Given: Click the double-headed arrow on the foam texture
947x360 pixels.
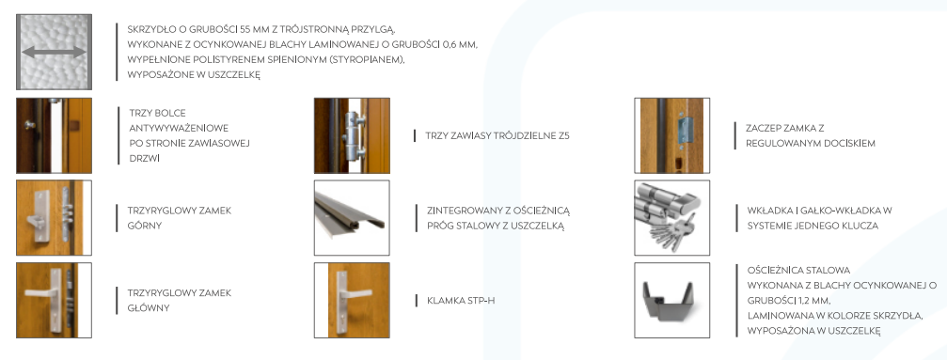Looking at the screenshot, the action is (54, 53).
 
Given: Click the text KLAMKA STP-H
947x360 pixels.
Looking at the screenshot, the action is (461, 300).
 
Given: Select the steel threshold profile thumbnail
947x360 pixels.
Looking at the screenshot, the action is (352, 217).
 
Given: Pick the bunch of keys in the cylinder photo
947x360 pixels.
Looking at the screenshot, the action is (671, 232).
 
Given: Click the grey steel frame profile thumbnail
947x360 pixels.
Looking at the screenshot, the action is (671, 300).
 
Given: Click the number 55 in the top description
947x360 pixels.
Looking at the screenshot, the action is (245, 29).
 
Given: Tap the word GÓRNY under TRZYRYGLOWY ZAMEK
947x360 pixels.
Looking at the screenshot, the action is (144, 226).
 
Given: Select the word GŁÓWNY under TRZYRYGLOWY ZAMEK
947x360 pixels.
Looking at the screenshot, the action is (148, 308).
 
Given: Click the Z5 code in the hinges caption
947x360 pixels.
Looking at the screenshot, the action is (563, 136).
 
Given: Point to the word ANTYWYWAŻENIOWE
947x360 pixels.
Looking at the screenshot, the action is (179, 128).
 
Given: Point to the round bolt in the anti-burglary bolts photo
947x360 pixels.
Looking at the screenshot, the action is (28, 124).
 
